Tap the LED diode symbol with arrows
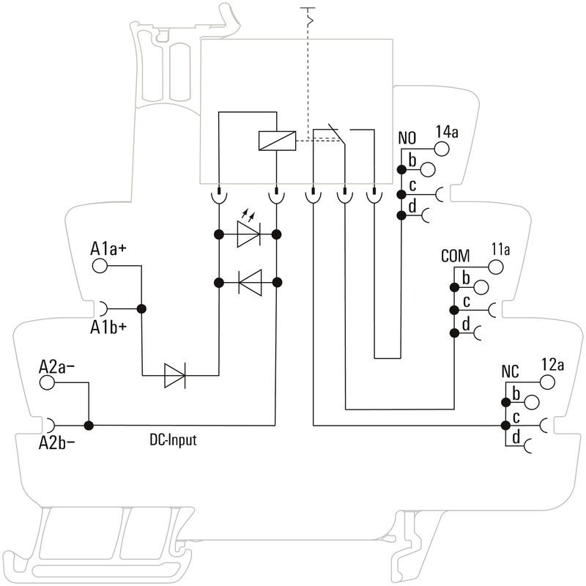(x=248, y=234)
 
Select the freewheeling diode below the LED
(x=249, y=281)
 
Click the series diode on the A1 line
(x=174, y=376)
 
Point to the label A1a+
(x=108, y=249)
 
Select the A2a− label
(x=57, y=366)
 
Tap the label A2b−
(x=57, y=442)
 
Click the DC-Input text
(x=172, y=440)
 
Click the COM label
(x=455, y=257)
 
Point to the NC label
(x=510, y=371)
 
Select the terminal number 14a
(x=446, y=133)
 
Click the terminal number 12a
(x=552, y=365)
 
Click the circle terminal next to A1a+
(x=100, y=266)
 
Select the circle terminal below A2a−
(x=48, y=382)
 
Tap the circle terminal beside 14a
(x=442, y=149)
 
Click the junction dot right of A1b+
(x=142, y=309)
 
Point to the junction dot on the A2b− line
(x=89, y=425)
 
